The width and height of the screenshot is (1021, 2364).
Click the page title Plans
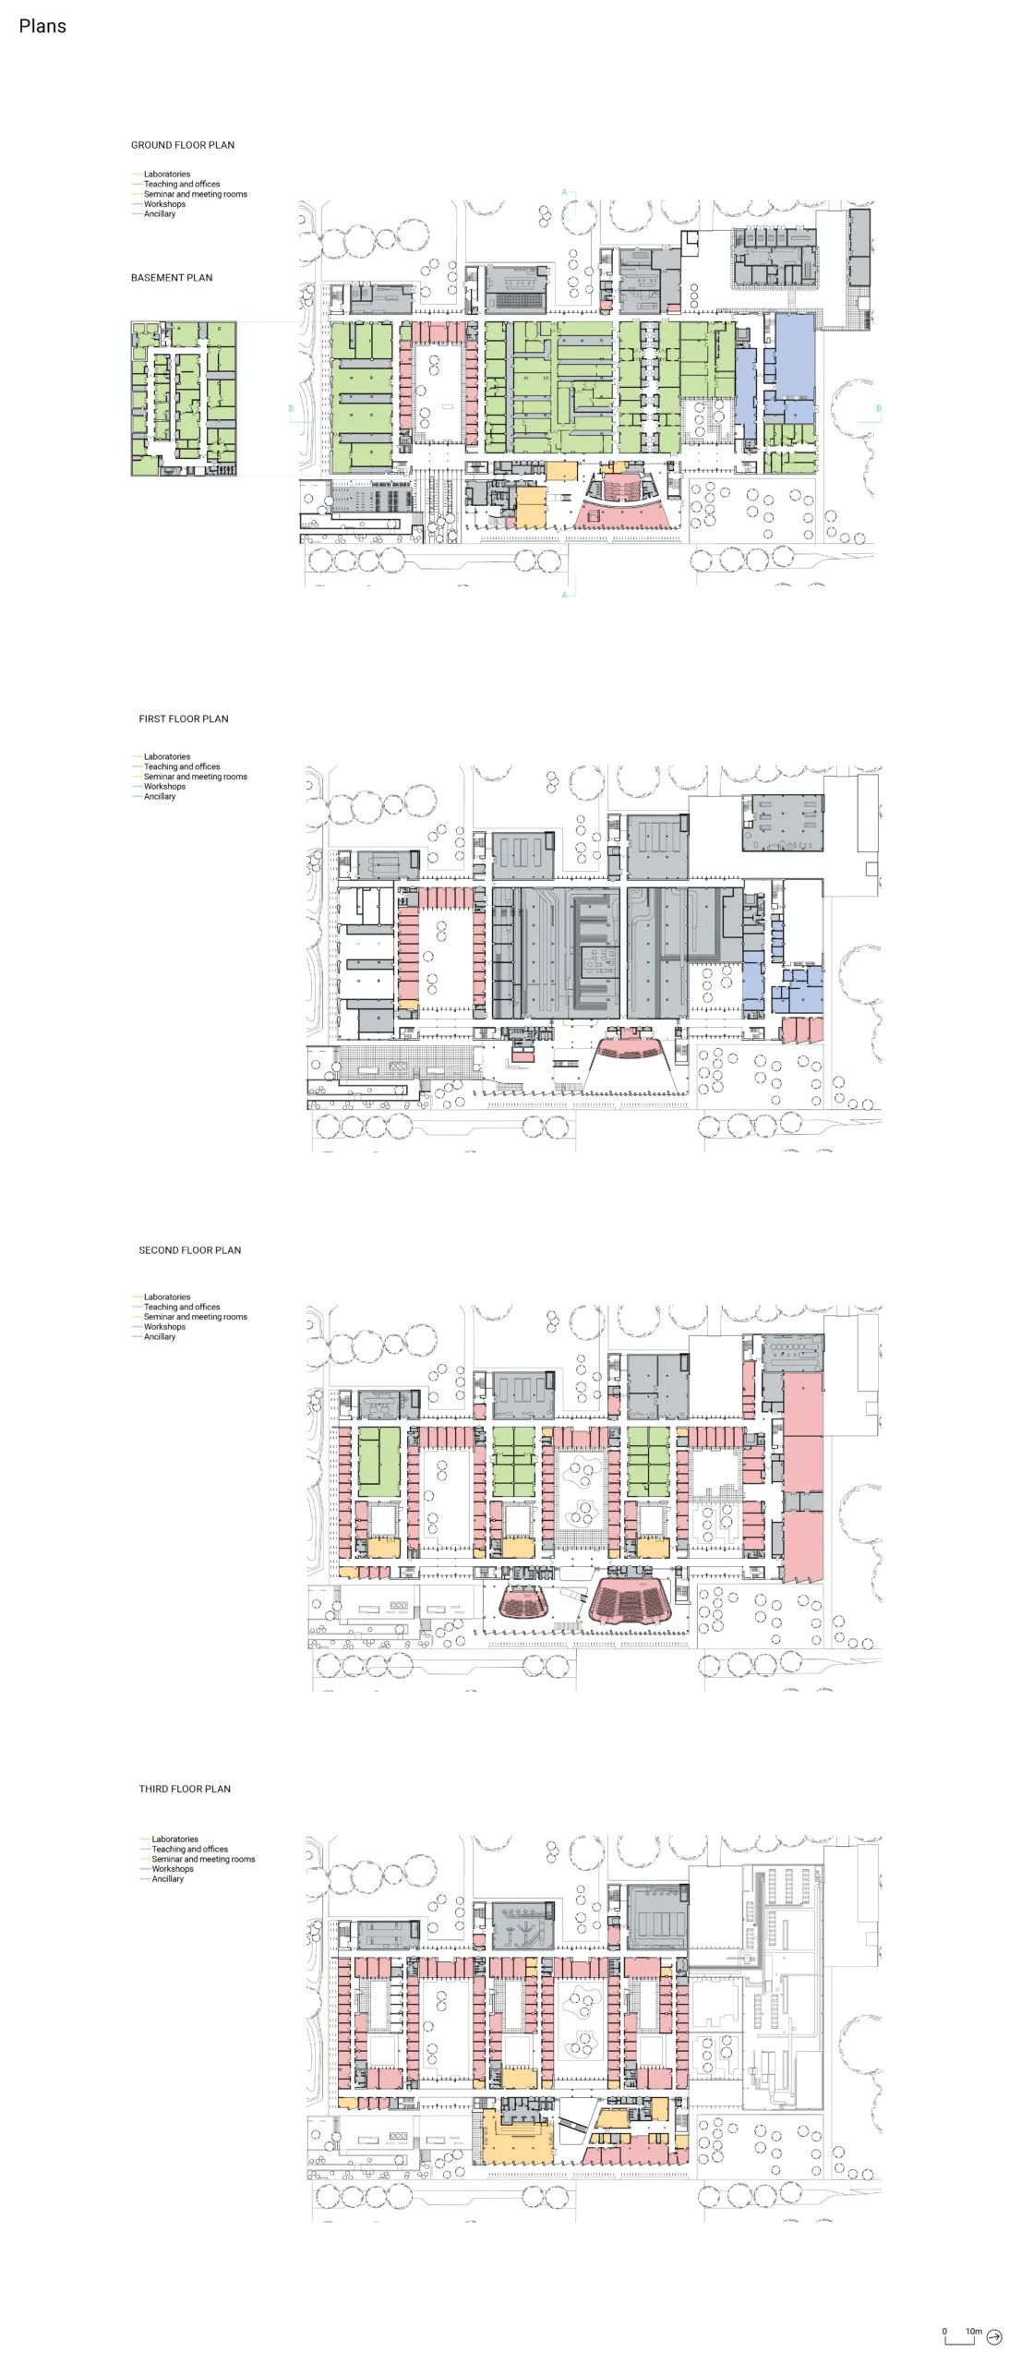click(42, 26)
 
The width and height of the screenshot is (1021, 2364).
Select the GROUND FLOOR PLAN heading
click(183, 145)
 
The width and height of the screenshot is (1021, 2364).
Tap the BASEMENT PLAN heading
click(172, 278)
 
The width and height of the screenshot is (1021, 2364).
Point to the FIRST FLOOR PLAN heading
click(184, 719)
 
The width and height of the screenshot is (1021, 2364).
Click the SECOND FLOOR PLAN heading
click(190, 1250)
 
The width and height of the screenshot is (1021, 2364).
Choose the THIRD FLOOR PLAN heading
click(185, 1789)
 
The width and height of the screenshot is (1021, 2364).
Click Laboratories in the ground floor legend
click(167, 175)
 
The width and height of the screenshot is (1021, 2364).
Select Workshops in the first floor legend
click(164, 787)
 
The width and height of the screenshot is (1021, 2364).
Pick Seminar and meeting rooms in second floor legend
click(196, 1317)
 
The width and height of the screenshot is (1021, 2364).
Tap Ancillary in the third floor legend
click(167, 1879)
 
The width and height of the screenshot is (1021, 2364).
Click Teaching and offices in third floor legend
click(189, 1850)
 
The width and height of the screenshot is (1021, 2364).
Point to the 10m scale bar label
click(974, 2332)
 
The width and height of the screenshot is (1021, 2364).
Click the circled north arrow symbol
click(994, 2337)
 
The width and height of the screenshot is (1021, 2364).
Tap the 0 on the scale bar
click(944, 2332)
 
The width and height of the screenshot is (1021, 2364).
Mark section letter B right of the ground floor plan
click(878, 408)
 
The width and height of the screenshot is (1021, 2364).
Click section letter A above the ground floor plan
click(564, 192)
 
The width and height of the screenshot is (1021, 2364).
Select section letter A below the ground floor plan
click(564, 596)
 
